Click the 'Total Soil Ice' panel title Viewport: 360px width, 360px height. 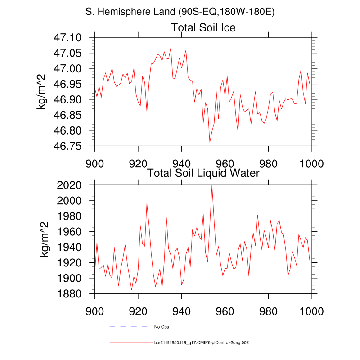[203, 28]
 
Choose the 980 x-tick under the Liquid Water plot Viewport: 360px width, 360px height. [269, 310]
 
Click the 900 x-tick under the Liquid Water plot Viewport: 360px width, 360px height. [94, 310]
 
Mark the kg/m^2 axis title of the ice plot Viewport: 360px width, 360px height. [44, 92]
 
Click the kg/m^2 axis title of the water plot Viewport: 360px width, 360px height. [44, 239]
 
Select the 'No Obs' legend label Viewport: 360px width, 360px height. [162, 326]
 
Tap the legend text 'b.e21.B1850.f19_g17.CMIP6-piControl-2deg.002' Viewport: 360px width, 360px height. [201, 343]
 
